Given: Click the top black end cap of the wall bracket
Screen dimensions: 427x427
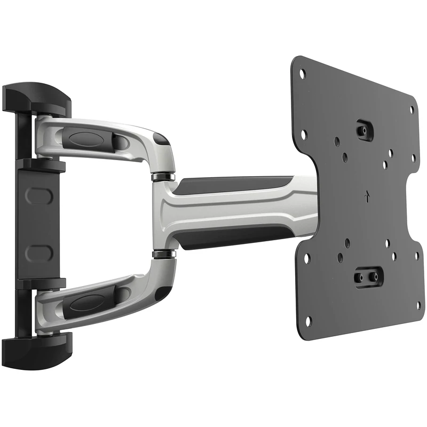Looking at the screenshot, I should [36, 98].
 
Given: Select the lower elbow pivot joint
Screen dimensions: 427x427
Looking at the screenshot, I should [163, 253].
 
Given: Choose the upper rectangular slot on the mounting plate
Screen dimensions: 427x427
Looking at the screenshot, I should [365, 129].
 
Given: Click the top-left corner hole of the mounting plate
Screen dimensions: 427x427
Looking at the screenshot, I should [302, 74].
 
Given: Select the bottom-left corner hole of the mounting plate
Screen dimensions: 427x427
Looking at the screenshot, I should [308, 320].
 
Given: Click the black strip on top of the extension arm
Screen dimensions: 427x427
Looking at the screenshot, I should [235, 185].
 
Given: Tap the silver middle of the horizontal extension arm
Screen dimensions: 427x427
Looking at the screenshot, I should [240, 211].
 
